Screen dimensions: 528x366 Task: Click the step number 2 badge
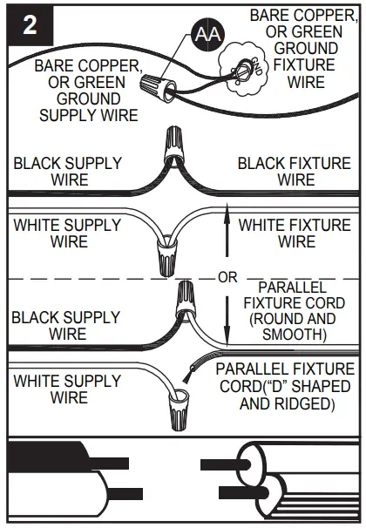click(x=30, y=25)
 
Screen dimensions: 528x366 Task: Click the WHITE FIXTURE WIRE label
click(x=295, y=233)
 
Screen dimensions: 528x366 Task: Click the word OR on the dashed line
click(x=227, y=278)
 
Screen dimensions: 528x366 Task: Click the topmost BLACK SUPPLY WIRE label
click(x=67, y=171)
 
